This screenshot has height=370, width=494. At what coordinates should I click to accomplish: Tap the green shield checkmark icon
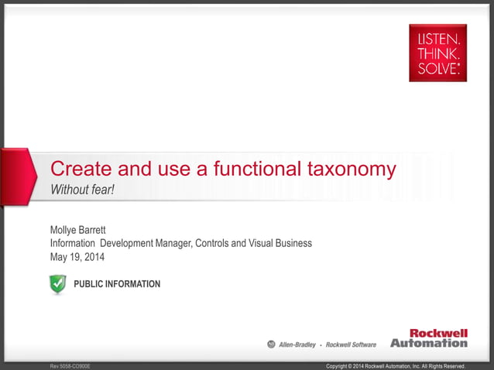tap(58, 284)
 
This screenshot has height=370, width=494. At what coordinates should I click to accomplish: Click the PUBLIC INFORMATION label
tap(117, 284)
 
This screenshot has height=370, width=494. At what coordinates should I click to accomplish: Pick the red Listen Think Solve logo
tap(437, 53)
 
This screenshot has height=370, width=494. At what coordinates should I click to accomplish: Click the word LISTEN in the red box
tap(437, 39)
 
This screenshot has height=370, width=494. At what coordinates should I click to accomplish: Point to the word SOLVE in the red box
tap(437, 68)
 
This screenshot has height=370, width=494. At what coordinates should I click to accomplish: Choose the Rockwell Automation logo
tap(429, 338)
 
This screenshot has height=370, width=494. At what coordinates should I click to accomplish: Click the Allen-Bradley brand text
tap(297, 344)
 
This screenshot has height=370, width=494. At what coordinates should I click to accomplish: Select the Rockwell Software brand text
tap(352, 344)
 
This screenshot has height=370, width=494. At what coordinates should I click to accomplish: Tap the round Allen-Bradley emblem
tap(271, 344)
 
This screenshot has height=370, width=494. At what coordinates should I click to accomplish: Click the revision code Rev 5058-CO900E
tap(70, 365)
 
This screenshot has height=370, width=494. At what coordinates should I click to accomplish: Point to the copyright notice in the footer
tap(396, 365)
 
